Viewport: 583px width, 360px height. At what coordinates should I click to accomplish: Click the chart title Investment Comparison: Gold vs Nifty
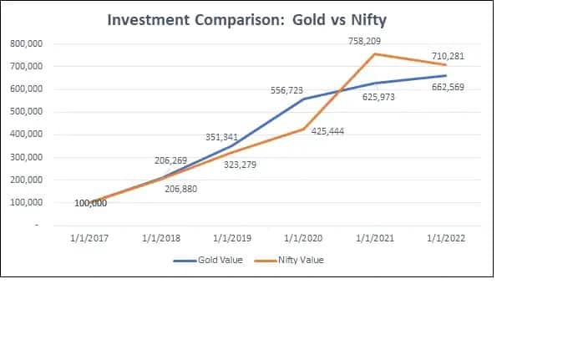pyautogui.click(x=248, y=20)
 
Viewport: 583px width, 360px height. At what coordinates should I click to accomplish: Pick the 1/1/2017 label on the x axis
pyautogui.click(x=91, y=236)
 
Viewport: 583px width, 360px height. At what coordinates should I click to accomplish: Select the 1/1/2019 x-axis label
pyautogui.click(x=235, y=236)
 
